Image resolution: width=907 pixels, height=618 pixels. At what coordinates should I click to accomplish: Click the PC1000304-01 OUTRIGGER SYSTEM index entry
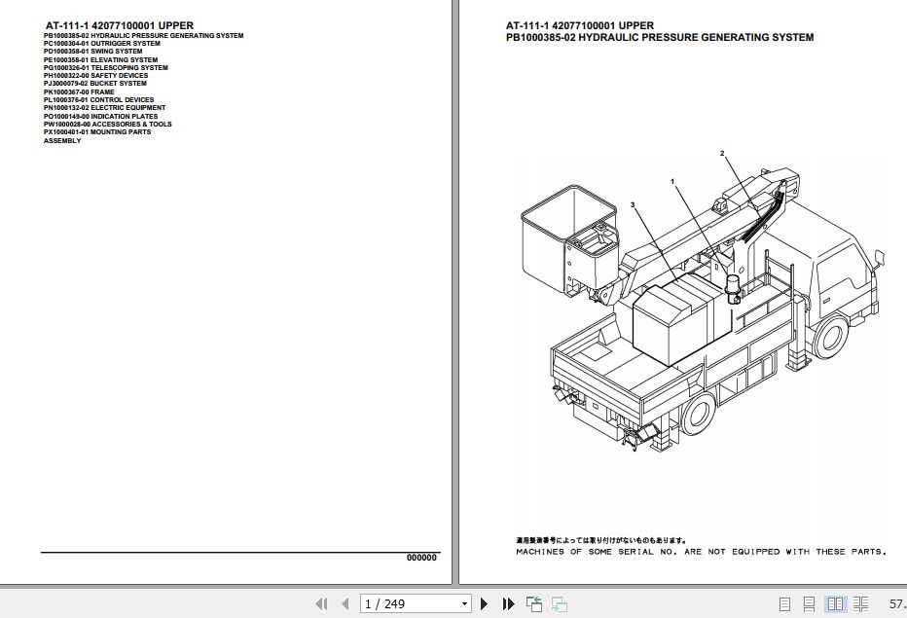(102, 44)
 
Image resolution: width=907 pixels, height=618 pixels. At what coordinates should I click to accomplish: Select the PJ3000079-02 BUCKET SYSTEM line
(95, 84)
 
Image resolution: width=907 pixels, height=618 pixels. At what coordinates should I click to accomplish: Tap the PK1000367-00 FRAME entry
(79, 92)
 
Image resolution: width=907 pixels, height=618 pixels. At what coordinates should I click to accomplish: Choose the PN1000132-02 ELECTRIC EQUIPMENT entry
(104, 108)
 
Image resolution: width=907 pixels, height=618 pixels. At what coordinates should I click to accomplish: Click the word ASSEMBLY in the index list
(62, 141)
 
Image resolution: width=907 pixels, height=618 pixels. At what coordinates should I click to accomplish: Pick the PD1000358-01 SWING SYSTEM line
(92, 52)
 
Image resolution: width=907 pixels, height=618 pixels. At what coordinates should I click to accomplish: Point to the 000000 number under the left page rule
(421, 558)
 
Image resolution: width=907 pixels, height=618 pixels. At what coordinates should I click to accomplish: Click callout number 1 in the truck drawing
(671, 182)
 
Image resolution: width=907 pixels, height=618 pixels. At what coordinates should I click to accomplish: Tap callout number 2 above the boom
(722, 154)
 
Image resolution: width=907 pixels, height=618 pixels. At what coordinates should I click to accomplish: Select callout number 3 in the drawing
(633, 205)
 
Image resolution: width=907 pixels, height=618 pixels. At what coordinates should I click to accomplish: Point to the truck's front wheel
(829, 338)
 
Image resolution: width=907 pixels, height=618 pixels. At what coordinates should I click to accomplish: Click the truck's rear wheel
(698, 415)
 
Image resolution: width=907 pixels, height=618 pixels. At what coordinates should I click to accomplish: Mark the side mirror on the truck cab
(882, 258)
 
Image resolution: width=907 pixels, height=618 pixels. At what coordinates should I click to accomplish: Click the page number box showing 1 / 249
(416, 604)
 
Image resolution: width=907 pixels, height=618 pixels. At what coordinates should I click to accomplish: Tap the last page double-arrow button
(508, 604)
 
